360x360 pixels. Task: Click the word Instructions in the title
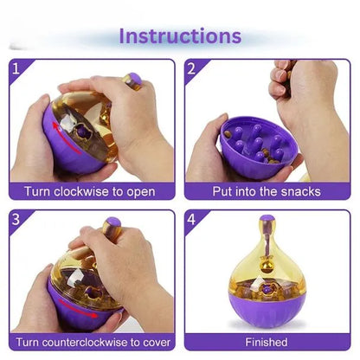tap(180, 36)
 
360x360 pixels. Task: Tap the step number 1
tap(16, 69)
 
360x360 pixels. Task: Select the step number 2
tap(191, 69)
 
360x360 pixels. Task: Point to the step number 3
tap(16, 220)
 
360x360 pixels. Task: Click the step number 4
tap(191, 220)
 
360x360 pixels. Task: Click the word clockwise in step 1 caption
tap(81, 191)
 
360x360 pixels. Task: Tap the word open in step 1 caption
tap(141, 193)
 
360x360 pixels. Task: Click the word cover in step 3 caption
tap(157, 343)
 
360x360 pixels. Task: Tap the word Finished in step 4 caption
tap(267, 342)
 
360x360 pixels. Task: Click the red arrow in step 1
tap(66, 138)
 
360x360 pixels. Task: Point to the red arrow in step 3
tap(78, 308)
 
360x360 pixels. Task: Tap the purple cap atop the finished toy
tap(267, 218)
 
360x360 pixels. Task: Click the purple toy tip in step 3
tap(113, 222)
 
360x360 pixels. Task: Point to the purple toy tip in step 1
tap(135, 78)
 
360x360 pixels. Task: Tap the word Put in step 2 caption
tap(222, 191)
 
